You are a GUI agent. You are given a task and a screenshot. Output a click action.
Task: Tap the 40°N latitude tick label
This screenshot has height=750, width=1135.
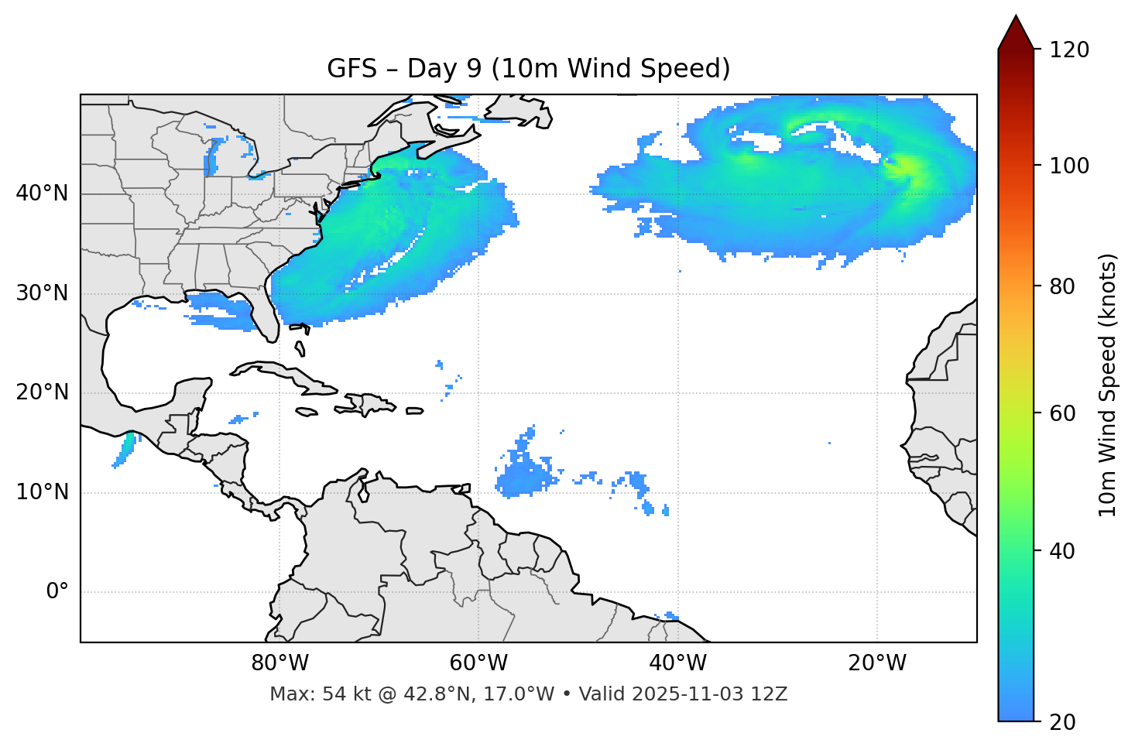(x=42, y=193)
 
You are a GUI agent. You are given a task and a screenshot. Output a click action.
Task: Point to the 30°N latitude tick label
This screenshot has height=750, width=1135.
(x=42, y=293)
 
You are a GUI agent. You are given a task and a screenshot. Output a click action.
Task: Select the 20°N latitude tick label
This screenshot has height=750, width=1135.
(x=42, y=392)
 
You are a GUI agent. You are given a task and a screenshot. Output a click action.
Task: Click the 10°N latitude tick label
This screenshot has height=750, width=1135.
(x=42, y=492)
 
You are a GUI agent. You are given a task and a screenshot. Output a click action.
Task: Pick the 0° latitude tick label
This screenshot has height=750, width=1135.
(x=57, y=592)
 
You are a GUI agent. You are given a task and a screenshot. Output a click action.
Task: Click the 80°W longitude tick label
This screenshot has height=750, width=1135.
(x=279, y=663)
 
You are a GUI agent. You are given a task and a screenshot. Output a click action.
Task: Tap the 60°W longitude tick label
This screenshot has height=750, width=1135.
(x=478, y=663)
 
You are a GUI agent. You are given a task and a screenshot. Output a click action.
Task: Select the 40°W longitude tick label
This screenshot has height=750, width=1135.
(x=677, y=663)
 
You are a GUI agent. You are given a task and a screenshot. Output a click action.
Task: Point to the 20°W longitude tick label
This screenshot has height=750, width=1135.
(x=877, y=663)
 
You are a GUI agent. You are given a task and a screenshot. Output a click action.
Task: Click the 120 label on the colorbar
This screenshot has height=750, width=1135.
(x=1068, y=50)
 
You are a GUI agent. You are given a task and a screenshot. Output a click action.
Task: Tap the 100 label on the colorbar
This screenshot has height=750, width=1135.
(x=1068, y=166)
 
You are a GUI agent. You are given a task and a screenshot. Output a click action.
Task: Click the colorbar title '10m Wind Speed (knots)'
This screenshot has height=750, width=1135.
(x=1108, y=385)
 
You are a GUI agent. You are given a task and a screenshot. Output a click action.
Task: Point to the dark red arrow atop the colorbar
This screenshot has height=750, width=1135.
(x=1016, y=33)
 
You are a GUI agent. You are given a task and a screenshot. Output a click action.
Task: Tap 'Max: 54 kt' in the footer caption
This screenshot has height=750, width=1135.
(x=303, y=694)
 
